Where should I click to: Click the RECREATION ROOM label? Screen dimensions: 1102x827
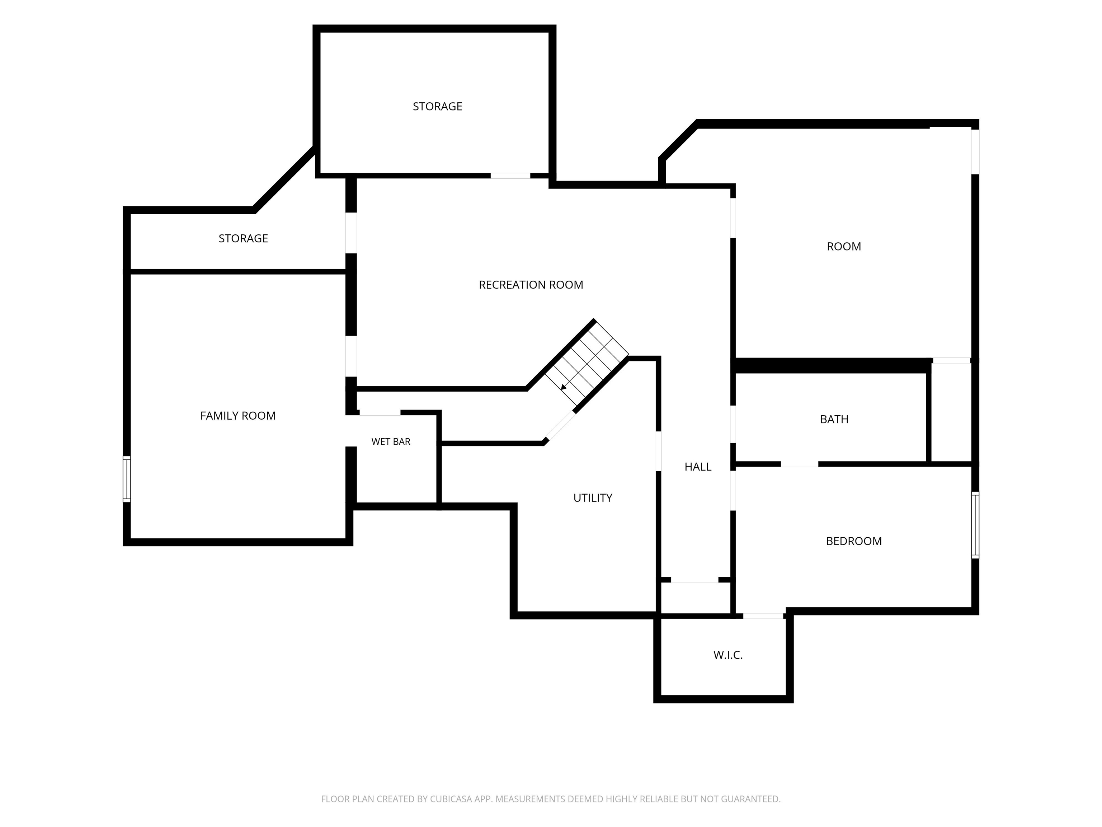coord(531,285)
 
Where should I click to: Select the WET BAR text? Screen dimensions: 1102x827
coord(391,441)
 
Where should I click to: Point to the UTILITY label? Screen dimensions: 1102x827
coord(593,497)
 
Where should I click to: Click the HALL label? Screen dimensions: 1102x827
coord(698,467)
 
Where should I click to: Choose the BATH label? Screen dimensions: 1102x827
coord(834,419)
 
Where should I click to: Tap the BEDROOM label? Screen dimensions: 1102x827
coord(854,541)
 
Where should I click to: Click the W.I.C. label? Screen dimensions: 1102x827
coord(728,655)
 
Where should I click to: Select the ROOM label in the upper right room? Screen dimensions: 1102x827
coord(844,246)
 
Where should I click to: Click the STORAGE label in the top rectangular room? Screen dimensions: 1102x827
coord(437,106)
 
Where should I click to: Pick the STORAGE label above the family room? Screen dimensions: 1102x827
coord(243,238)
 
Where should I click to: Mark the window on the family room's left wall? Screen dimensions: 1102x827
coord(127,479)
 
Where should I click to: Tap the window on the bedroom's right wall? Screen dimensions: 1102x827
coord(975,525)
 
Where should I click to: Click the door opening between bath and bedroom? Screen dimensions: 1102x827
coord(799,464)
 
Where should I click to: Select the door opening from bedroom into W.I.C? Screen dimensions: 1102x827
coord(763,616)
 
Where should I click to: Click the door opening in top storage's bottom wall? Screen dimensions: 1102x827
coord(511,176)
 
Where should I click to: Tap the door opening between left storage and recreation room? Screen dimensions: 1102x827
coord(351,233)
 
